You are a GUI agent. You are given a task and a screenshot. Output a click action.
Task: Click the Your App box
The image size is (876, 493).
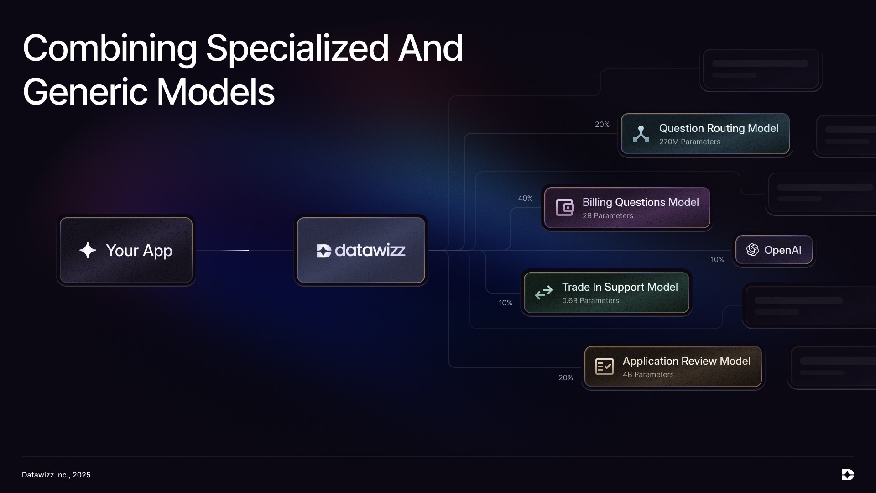pyautogui.click(x=126, y=250)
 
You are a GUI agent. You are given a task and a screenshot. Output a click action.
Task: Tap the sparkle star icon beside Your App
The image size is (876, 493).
pyautogui.click(x=88, y=250)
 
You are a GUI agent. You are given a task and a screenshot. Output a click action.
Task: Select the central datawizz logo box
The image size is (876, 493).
pyautogui.click(x=361, y=250)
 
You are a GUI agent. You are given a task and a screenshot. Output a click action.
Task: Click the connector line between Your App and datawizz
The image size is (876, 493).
pyautogui.click(x=245, y=250)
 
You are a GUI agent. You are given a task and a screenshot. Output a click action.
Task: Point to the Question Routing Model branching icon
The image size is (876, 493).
pyautogui.click(x=641, y=134)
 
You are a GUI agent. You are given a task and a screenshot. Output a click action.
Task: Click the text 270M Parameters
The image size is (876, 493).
pyautogui.click(x=689, y=142)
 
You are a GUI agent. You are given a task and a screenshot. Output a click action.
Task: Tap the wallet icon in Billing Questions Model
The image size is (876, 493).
pyautogui.click(x=564, y=208)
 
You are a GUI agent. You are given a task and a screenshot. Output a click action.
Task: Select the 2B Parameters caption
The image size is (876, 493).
pyautogui.click(x=608, y=216)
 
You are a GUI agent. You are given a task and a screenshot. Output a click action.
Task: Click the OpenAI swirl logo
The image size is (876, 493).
pyautogui.click(x=752, y=250)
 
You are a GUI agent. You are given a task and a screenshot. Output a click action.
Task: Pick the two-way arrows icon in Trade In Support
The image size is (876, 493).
pyautogui.click(x=544, y=293)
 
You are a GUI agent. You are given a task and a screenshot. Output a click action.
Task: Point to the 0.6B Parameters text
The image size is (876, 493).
pyautogui.click(x=590, y=301)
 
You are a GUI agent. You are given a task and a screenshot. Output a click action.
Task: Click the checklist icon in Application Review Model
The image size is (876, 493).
pyautogui.click(x=605, y=367)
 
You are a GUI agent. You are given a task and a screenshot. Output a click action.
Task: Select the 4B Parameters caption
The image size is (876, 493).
pyautogui.click(x=648, y=375)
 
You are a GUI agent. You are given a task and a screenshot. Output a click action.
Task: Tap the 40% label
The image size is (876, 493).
pyautogui.click(x=525, y=199)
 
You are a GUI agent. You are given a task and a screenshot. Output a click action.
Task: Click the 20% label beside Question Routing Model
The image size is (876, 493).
pyautogui.click(x=602, y=125)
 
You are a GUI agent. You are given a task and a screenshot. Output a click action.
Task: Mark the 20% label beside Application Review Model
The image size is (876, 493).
pyautogui.click(x=566, y=378)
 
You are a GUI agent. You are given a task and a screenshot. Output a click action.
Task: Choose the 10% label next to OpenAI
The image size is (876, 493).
pyautogui.click(x=717, y=260)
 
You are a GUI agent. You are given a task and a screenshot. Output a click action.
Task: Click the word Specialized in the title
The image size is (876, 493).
pyautogui.click(x=297, y=48)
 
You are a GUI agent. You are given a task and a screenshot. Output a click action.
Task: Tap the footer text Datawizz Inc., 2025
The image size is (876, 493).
pyautogui.click(x=56, y=475)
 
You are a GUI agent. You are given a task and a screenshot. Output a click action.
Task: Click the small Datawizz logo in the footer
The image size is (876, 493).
pyautogui.click(x=848, y=475)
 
